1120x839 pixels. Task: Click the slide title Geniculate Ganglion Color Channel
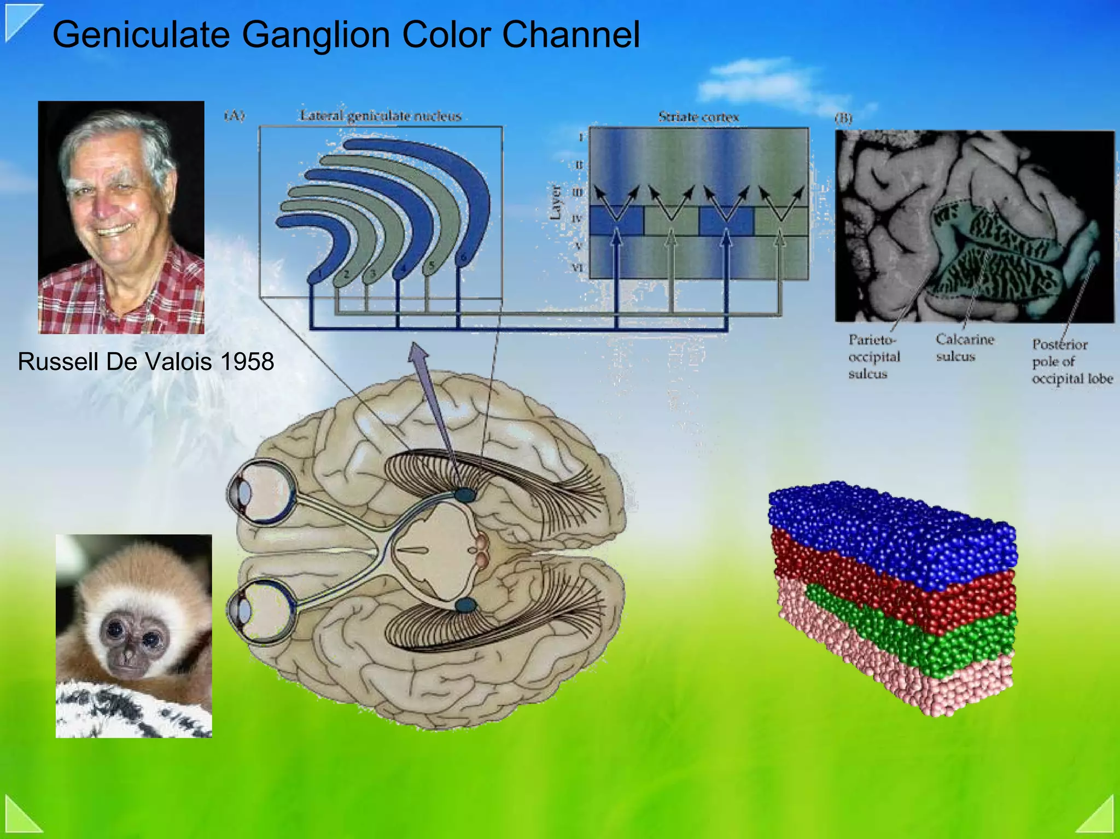pyautogui.click(x=346, y=34)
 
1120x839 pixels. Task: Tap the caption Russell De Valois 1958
pyautogui.click(x=146, y=362)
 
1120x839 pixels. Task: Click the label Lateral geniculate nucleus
pyautogui.click(x=381, y=116)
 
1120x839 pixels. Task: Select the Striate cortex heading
pyautogui.click(x=698, y=117)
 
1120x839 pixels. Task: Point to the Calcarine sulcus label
pyautogui.click(x=964, y=348)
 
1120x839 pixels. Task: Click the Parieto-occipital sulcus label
pyautogui.click(x=873, y=357)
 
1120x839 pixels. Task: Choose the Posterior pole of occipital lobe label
pyautogui.click(x=1071, y=362)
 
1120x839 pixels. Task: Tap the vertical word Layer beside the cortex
pyautogui.click(x=555, y=202)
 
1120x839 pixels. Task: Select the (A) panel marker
pyautogui.click(x=235, y=115)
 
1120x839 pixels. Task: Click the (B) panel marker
pyautogui.click(x=843, y=118)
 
